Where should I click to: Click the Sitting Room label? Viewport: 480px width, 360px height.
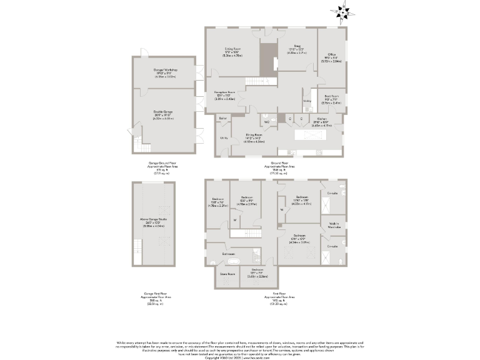pyautogui.click(x=232, y=49)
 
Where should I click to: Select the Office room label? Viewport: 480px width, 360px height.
pyautogui.click(x=331, y=58)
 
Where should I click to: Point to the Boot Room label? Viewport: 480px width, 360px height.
pyautogui.click(x=331, y=97)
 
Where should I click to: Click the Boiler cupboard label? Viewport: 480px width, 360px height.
pyautogui.click(x=222, y=117)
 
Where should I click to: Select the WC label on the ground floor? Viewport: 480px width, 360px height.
pyautogui.click(x=266, y=122)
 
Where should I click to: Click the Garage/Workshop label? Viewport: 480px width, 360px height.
pyautogui.click(x=166, y=70)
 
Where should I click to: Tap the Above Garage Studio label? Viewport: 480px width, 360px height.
pyautogui.click(x=154, y=219)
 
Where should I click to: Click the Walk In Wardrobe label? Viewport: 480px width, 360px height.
pyautogui.click(x=334, y=226)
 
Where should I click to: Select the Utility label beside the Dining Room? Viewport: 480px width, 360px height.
pyautogui.click(x=222, y=138)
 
